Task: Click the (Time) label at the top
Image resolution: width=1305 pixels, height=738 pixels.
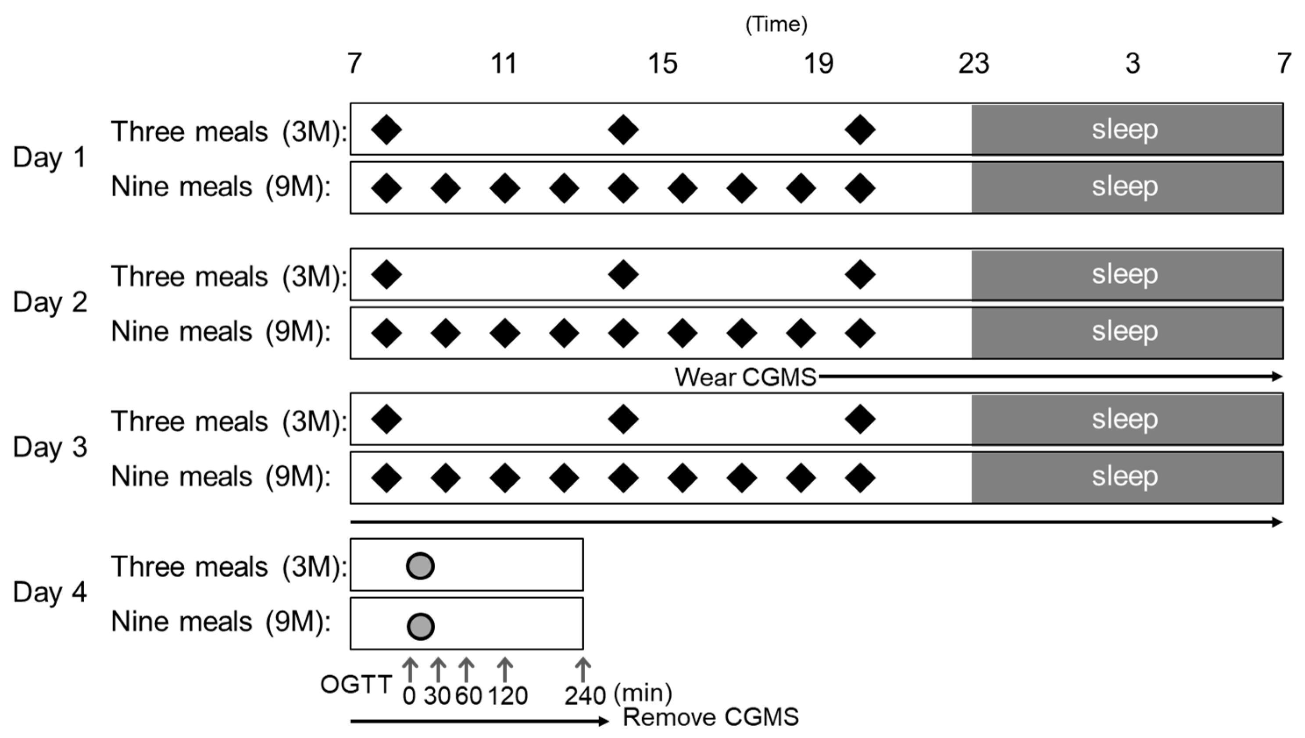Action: (x=776, y=24)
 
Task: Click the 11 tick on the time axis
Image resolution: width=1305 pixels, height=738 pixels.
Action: (x=504, y=64)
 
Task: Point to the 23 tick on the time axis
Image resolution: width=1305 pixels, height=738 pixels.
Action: (x=973, y=64)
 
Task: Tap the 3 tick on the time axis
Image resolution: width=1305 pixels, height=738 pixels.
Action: (x=1133, y=64)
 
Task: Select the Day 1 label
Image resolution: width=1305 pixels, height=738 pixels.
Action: (x=49, y=157)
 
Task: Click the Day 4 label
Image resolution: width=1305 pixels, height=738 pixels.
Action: (x=49, y=592)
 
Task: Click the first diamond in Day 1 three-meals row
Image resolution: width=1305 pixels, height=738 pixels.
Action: (x=386, y=129)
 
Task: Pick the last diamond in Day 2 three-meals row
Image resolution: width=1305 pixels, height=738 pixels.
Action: (x=860, y=274)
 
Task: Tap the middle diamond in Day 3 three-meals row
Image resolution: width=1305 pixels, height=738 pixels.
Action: (x=623, y=419)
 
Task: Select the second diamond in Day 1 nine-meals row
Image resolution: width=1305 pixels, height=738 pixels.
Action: (x=445, y=188)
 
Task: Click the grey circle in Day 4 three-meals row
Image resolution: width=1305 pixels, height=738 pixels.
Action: (x=420, y=566)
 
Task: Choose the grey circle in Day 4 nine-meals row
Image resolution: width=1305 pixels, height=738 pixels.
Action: (x=420, y=627)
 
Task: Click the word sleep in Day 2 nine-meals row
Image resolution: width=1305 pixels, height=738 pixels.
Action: (x=1124, y=331)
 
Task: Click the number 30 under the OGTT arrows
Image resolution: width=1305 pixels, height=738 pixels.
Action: (x=437, y=696)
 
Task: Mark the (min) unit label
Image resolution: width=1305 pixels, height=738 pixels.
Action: (x=643, y=693)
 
